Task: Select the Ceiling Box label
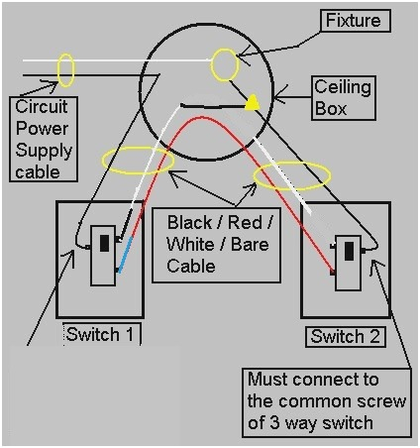[343, 97]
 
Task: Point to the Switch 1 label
[98, 334]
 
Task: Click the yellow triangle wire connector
[253, 101]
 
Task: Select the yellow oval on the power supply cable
[65, 70]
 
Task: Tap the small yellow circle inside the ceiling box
[225, 65]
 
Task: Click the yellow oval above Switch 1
[136, 160]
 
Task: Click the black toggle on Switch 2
[350, 251]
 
